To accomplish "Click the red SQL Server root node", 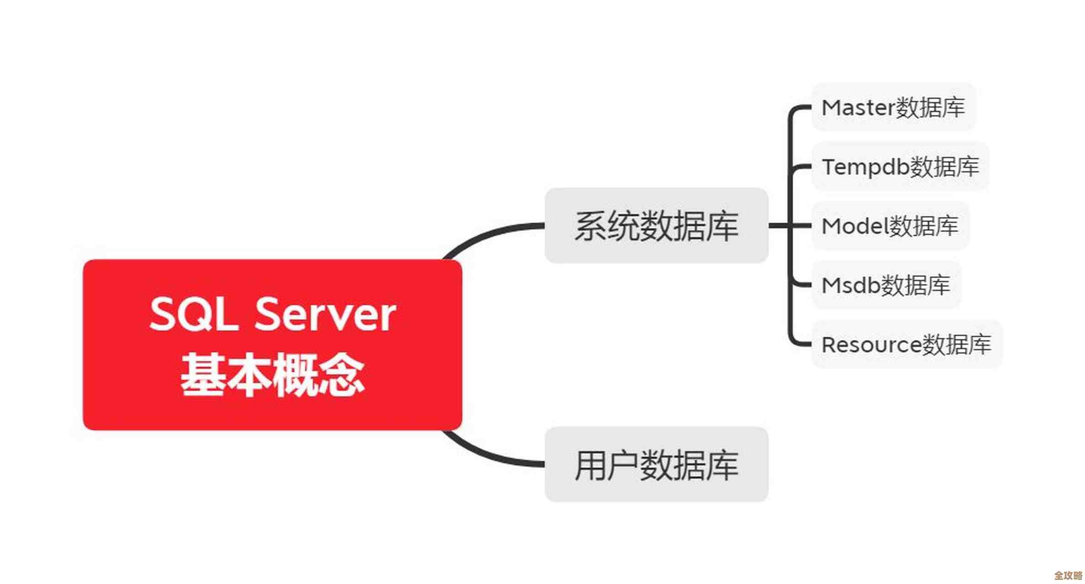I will pyautogui.click(x=272, y=344).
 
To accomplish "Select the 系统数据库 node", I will pyautogui.click(x=656, y=225).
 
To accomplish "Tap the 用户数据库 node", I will pyautogui.click(x=656, y=464).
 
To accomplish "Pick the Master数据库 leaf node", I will pyautogui.click(x=893, y=108).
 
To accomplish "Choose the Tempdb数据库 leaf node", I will pyautogui.click(x=900, y=167).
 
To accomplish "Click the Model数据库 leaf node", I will pyautogui.click(x=890, y=226).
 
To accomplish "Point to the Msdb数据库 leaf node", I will pyautogui.click(x=886, y=285).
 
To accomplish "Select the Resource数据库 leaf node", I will pyautogui.click(x=906, y=344).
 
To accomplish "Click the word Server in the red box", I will pyautogui.click(x=325, y=315).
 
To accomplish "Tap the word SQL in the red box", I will pyautogui.click(x=194, y=315).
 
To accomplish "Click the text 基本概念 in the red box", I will pyautogui.click(x=272, y=374).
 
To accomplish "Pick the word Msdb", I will pyautogui.click(x=851, y=286).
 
